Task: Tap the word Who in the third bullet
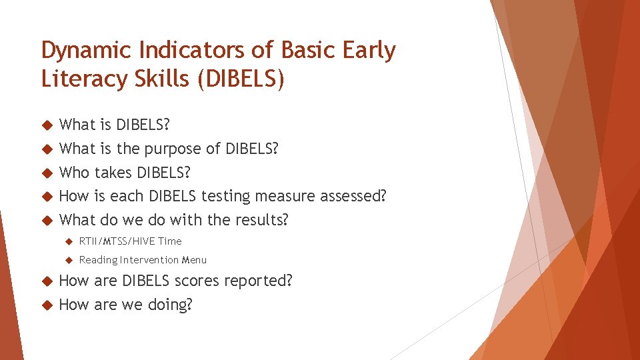pos(74,173)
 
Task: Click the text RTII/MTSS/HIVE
pos(117,241)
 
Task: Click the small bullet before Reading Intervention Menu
pos(68,260)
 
